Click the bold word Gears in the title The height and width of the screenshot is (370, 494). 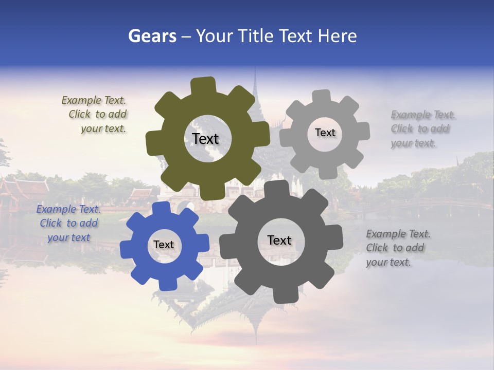pos(152,36)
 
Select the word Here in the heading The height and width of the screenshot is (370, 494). pos(338,36)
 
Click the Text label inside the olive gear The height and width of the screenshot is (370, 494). pos(205,139)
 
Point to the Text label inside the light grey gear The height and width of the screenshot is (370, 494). pos(325,133)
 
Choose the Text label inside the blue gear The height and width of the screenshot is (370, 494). pos(164,245)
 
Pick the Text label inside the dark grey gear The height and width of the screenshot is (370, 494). pos(279,240)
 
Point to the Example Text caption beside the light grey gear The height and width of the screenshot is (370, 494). pos(422,129)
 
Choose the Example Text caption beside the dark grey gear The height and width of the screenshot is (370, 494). pos(397,248)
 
